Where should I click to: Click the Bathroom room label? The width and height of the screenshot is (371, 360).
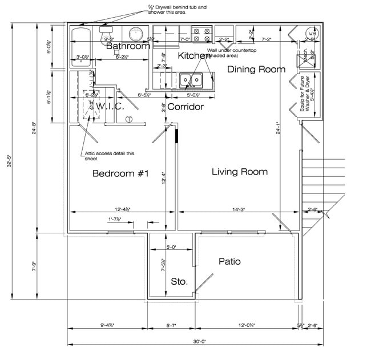tap(128, 46)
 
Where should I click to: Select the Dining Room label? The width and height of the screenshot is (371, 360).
tap(256, 70)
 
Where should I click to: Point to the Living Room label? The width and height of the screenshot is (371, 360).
tap(239, 172)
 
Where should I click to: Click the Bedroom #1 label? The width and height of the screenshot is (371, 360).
tap(120, 174)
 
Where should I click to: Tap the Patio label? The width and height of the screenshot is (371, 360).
tap(229, 262)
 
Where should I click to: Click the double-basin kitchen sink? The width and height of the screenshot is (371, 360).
tap(189, 80)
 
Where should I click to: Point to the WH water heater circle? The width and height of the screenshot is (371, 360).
tap(311, 34)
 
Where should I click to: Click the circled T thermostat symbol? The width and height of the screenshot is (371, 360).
tap(129, 119)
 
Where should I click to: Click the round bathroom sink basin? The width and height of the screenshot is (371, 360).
tap(136, 34)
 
